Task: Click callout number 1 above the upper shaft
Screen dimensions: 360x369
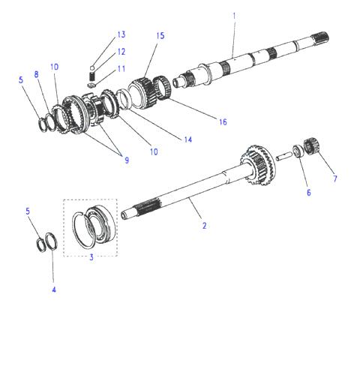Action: pos(234,16)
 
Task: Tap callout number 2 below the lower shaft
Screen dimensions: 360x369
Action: pos(205,226)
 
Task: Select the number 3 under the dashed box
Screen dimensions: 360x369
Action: pos(91,257)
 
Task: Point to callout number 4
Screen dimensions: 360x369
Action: pos(54,289)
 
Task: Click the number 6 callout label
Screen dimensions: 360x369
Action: pos(309,193)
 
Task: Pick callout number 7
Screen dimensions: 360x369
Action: pos(335,178)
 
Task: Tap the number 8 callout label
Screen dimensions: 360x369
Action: pos(37,74)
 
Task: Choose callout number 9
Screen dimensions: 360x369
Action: pos(127,160)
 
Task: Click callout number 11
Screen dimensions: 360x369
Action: pos(121,69)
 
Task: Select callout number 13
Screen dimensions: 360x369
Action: pos(121,34)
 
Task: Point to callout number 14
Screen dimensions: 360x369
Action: pos(188,139)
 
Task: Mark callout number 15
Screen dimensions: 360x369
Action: pos(160,36)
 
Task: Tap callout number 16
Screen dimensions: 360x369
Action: pos(223,122)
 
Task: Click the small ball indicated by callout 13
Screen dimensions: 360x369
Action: pos(92,67)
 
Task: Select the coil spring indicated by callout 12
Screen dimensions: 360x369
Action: pos(92,76)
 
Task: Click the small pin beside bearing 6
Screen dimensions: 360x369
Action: pos(283,157)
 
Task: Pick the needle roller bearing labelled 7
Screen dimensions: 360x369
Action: pos(311,146)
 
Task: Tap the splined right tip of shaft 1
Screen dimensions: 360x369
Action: pos(322,38)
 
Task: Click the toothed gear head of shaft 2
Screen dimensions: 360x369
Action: pos(259,164)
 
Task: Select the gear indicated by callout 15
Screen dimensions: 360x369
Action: pos(142,92)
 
